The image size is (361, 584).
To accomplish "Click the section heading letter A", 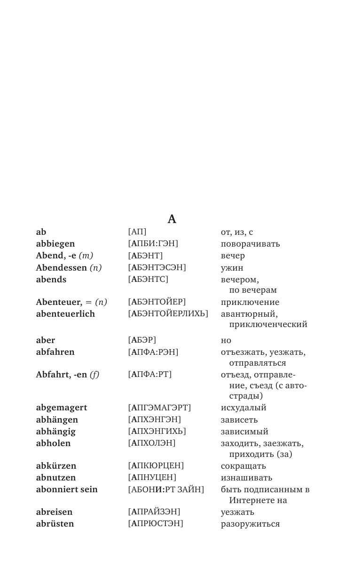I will [x=172, y=219].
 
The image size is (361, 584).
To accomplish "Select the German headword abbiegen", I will [x=55, y=244].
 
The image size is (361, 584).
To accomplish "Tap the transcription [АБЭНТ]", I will [x=145, y=256].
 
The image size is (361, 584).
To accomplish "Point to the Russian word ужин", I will [x=232, y=268].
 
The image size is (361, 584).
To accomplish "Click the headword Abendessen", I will [x=62, y=267].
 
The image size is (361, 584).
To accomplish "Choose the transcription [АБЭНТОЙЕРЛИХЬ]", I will [x=168, y=313].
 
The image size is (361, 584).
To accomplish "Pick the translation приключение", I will [x=250, y=302].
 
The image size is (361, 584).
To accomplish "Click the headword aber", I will [x=46, y=340].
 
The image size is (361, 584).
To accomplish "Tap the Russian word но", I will [x=226, y=340].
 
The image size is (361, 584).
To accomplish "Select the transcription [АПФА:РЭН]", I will [x=153, y=352].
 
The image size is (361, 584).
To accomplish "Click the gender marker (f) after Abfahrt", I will [x=94, y=375].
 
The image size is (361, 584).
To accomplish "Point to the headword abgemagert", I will [x=62, y=408].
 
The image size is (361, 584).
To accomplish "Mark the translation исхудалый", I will [x=243, y=408].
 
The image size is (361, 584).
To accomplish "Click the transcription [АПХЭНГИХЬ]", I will [x=157, y=431].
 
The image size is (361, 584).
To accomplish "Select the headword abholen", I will [x=53, y=443].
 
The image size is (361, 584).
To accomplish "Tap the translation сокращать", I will [x=243, y=466].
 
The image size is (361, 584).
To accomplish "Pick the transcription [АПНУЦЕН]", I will [x=152, y=477].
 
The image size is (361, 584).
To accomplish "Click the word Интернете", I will [x=258, y=500].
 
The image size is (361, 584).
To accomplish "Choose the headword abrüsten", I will [x=55, y=523].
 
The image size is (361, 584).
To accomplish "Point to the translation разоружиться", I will [x=250, y=524].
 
